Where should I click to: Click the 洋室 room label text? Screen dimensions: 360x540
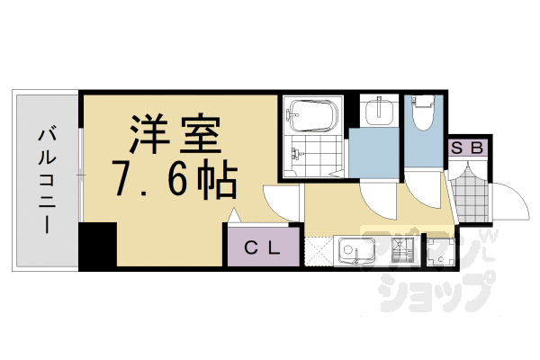point(175,137)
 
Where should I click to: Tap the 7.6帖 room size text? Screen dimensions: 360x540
point(175,180)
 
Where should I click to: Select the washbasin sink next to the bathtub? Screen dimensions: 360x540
point(378,112)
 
